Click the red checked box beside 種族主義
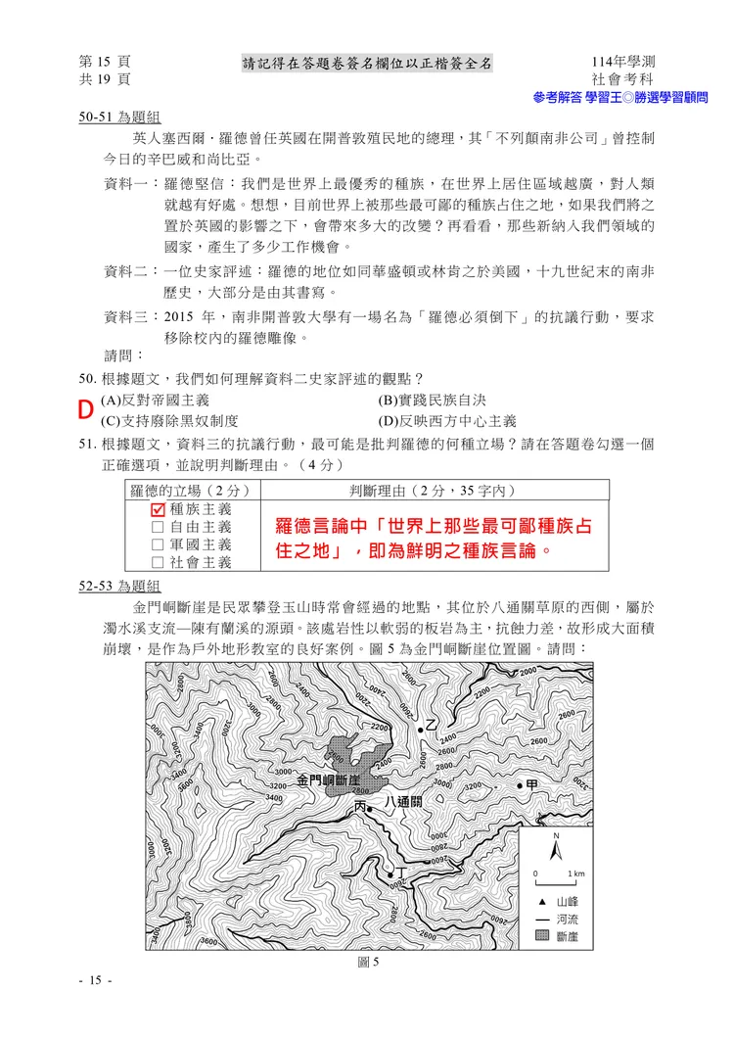[x=159, y=509]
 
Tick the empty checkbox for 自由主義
[x=159, y=527]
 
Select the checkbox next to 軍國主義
[x=159, y=544]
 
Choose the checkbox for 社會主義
[x=159, y=562]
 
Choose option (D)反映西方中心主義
[x=446, y=421]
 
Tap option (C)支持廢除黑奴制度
[x=169, y=421]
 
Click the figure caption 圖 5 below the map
[x=368, y=962]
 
